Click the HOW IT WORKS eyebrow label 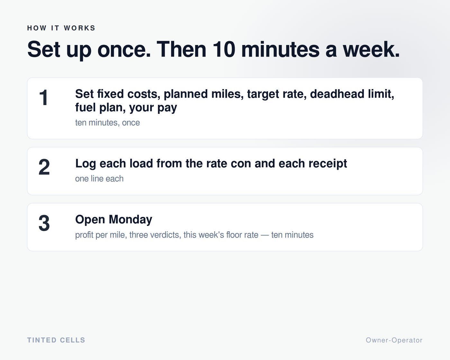(61, 28)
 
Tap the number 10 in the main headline (224, 50)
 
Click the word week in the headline (371, 50)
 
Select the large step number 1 (44, 97)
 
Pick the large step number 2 (44, 167)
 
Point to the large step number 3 (44, 223)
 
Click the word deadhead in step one (337, 94)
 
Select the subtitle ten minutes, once (107, 122)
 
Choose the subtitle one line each (99, 179)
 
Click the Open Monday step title (114, 220)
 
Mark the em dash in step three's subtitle (265, 235)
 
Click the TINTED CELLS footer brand (56, 340)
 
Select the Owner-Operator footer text (394, 340)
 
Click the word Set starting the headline (44, 50)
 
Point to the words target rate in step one (277, 94)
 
